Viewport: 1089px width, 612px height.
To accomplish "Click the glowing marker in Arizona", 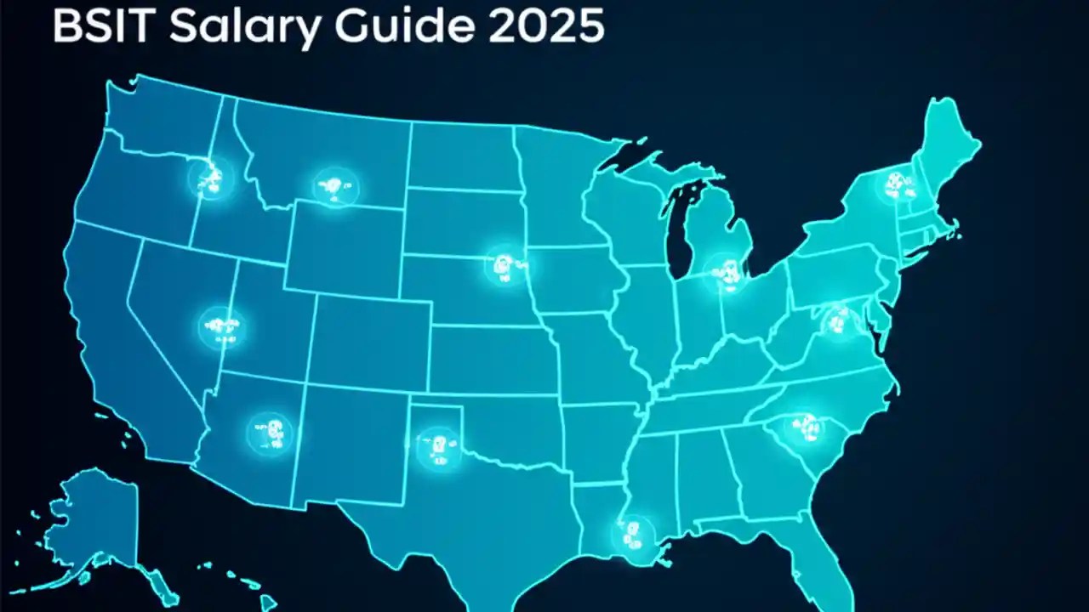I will point(270,434).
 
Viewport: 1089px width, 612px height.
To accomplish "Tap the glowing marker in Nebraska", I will point(506,265).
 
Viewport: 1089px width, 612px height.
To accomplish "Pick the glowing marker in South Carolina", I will point(803,427).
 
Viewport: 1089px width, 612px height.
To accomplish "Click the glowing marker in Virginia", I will point(838,321).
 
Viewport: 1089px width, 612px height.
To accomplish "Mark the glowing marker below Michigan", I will point(726,272).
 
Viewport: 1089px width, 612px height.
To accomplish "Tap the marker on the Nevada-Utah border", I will point(222,327).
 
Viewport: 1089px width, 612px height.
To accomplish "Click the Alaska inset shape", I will point(89,527).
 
